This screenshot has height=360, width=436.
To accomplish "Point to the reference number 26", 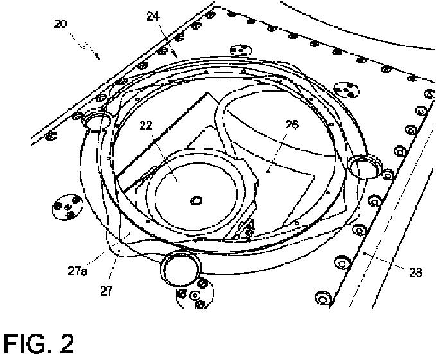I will [292, 126].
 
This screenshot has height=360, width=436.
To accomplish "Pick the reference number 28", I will [415, 272].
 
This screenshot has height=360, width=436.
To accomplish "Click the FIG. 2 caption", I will [39, 344].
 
